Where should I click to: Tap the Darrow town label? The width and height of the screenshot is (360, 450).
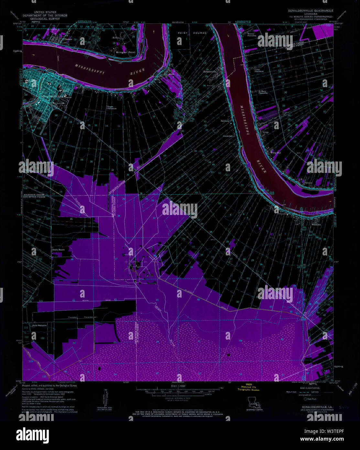pyautogui.click(x=68, y=39)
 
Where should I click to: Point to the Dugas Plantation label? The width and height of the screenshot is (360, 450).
pyautogui.click(x=112, y=107)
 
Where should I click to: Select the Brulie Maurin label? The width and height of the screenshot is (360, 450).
pyautogui.click(x=59, y=250)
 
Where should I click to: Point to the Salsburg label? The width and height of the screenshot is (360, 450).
pyautogui.click(x=225, y=121)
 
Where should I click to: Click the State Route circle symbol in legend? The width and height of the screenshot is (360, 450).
pyautogui.click(x=305, y=399)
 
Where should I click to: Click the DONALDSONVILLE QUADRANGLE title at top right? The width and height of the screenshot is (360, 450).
pyautogui.click(x=311, y=11)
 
